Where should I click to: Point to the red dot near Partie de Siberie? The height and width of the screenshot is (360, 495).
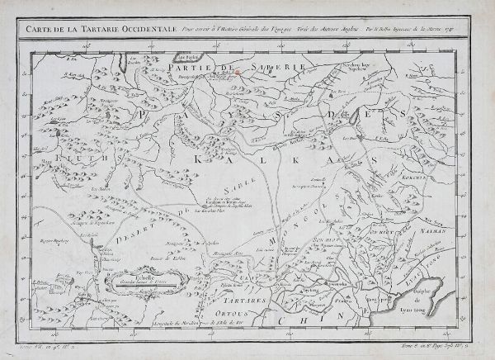[238, 70]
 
